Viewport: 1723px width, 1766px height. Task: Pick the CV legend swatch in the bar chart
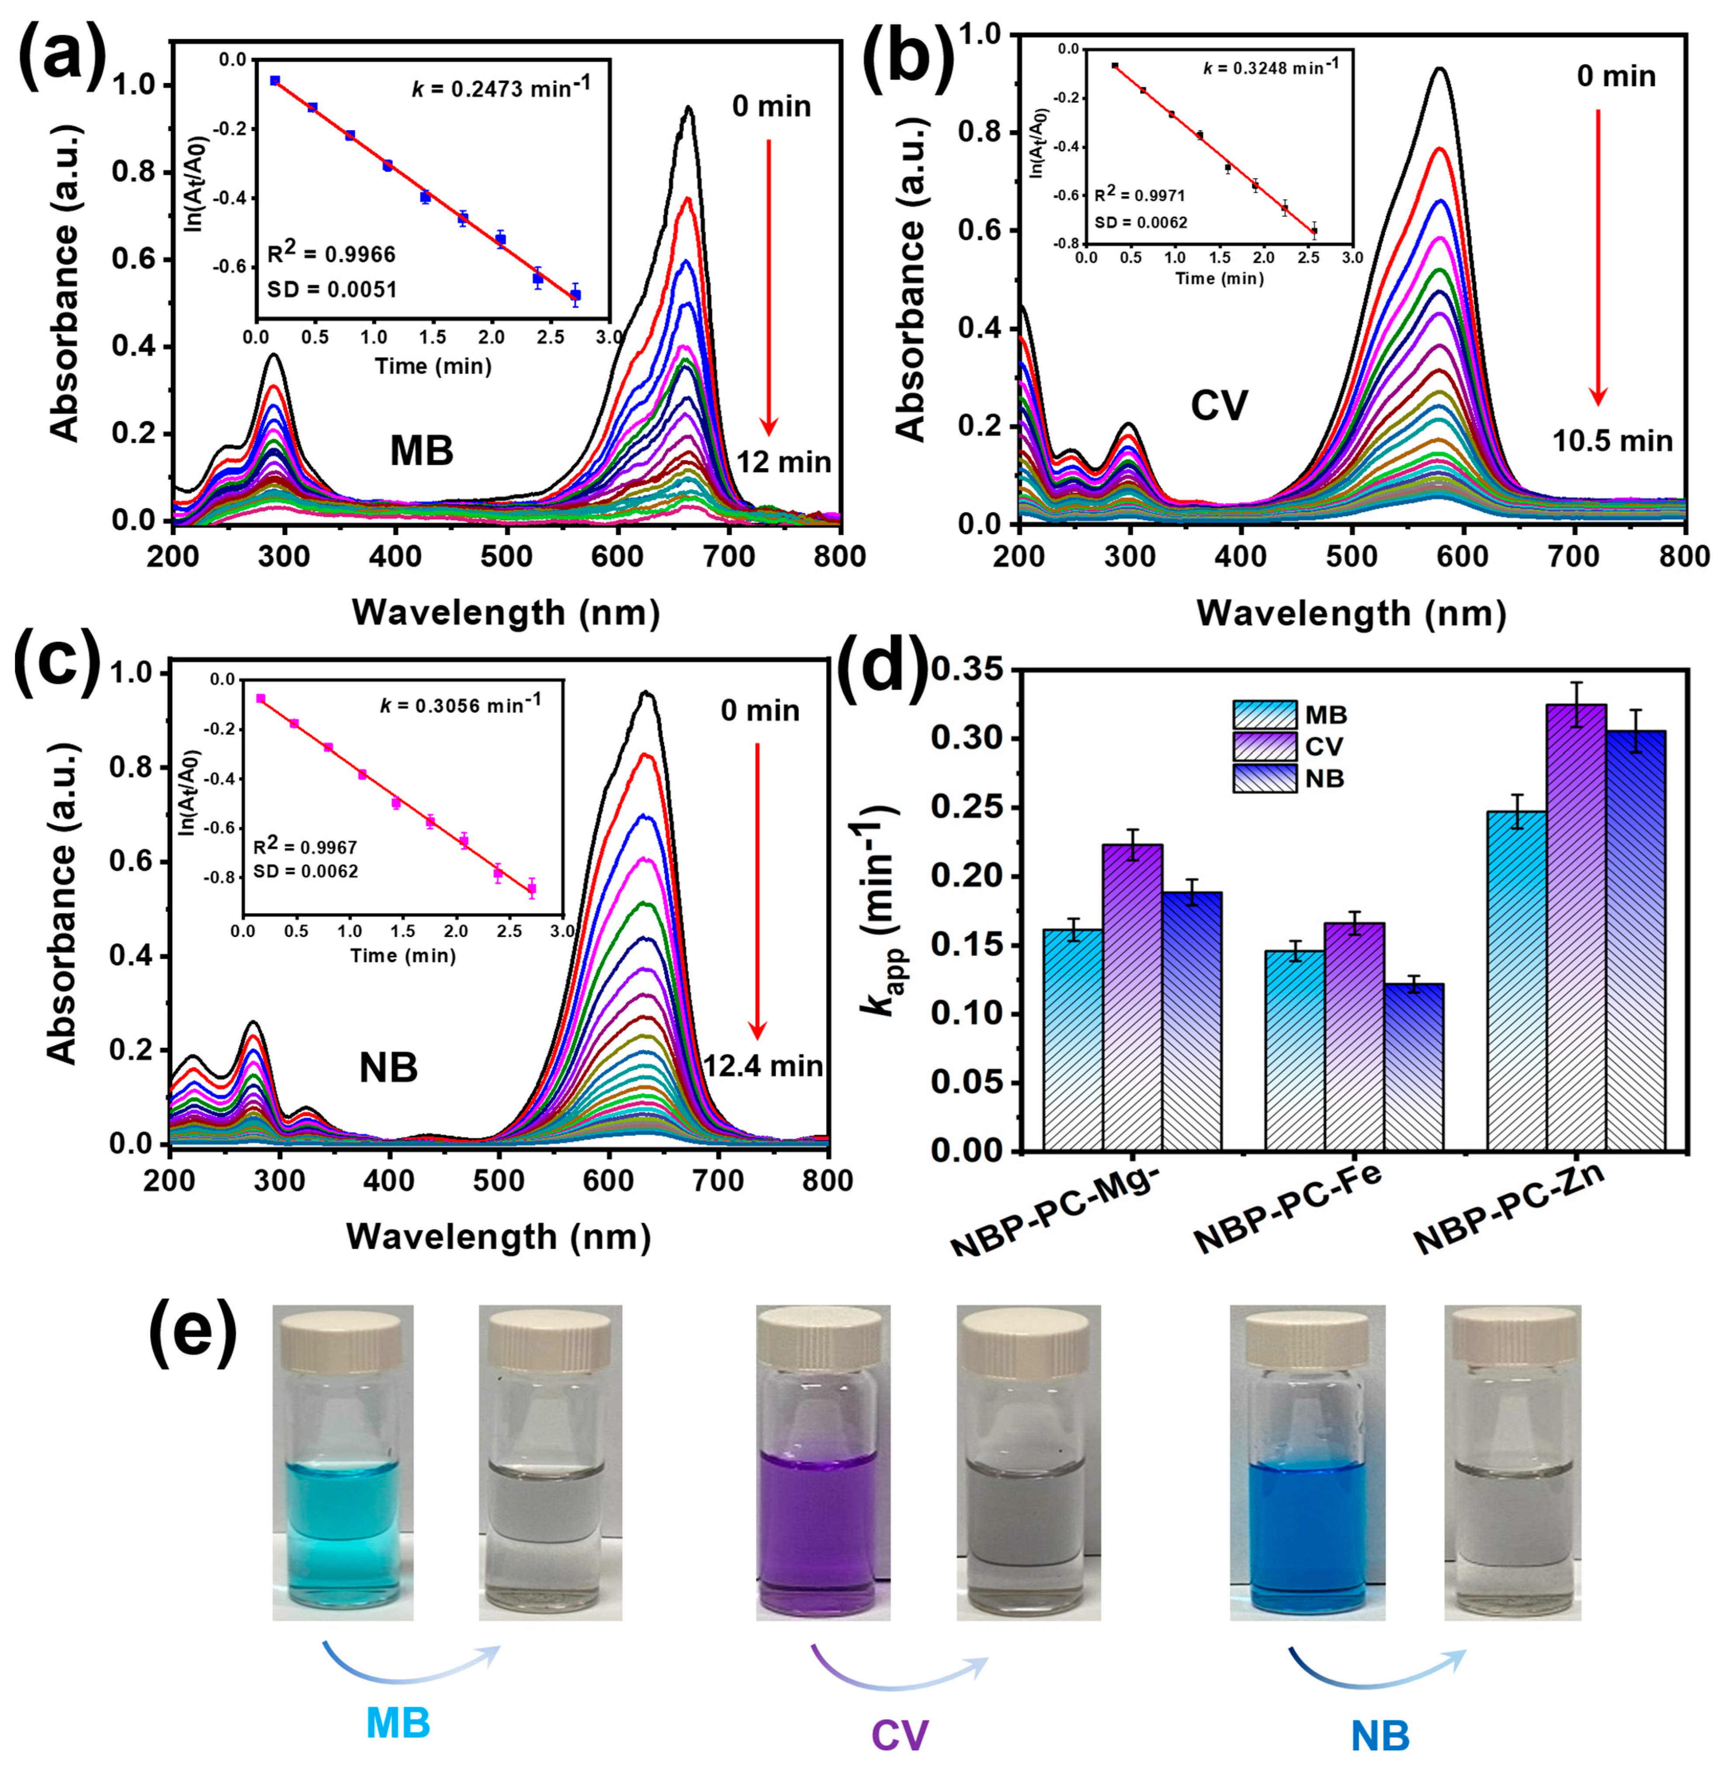pyautogui.click(x=1263, y=746)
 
